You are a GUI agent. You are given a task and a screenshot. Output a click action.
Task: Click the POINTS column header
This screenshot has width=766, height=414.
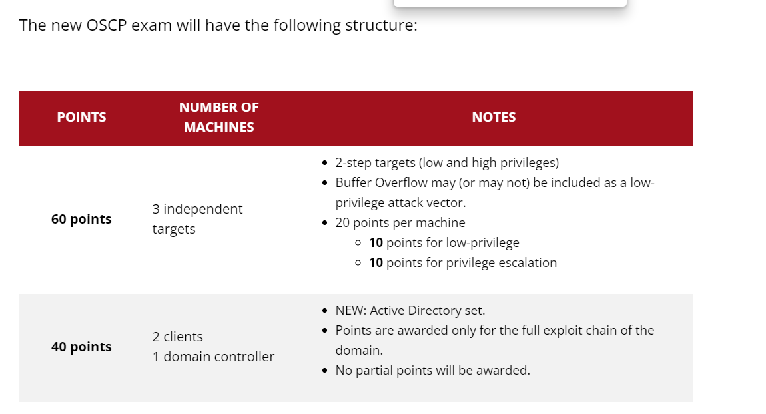(x=81, y=117)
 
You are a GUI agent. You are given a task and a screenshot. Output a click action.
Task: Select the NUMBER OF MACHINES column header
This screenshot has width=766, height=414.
(x=219, y=117)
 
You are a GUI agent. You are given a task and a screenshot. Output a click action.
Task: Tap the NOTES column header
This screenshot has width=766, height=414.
(x=494, y=117)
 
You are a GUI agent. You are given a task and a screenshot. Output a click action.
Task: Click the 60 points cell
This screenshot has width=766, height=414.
(x=81, y=219)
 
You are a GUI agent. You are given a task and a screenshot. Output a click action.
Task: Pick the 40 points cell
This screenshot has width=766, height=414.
(x=81, y=347)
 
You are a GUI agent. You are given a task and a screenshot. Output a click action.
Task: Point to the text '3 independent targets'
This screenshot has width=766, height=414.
(x=197, y=219)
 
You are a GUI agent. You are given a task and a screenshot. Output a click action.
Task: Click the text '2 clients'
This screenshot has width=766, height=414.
(x=177, y=337)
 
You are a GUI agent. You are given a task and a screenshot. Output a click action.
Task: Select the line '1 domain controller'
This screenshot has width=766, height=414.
(x=213, y=357)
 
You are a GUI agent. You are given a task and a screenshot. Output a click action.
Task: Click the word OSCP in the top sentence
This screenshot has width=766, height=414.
(x=107, y=25)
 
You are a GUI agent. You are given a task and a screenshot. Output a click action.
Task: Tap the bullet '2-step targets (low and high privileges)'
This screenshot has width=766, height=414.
(x=447, y=162)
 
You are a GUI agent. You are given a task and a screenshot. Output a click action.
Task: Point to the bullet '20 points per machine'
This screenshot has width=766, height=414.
(x=400, y=222)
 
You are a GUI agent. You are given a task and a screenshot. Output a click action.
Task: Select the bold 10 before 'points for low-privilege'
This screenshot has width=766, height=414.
(x=376, y=243)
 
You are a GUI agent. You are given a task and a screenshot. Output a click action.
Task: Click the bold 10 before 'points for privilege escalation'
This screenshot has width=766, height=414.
(x=376, y=263)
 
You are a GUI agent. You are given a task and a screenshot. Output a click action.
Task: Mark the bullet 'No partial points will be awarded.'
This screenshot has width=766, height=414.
(x=432, y=371)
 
